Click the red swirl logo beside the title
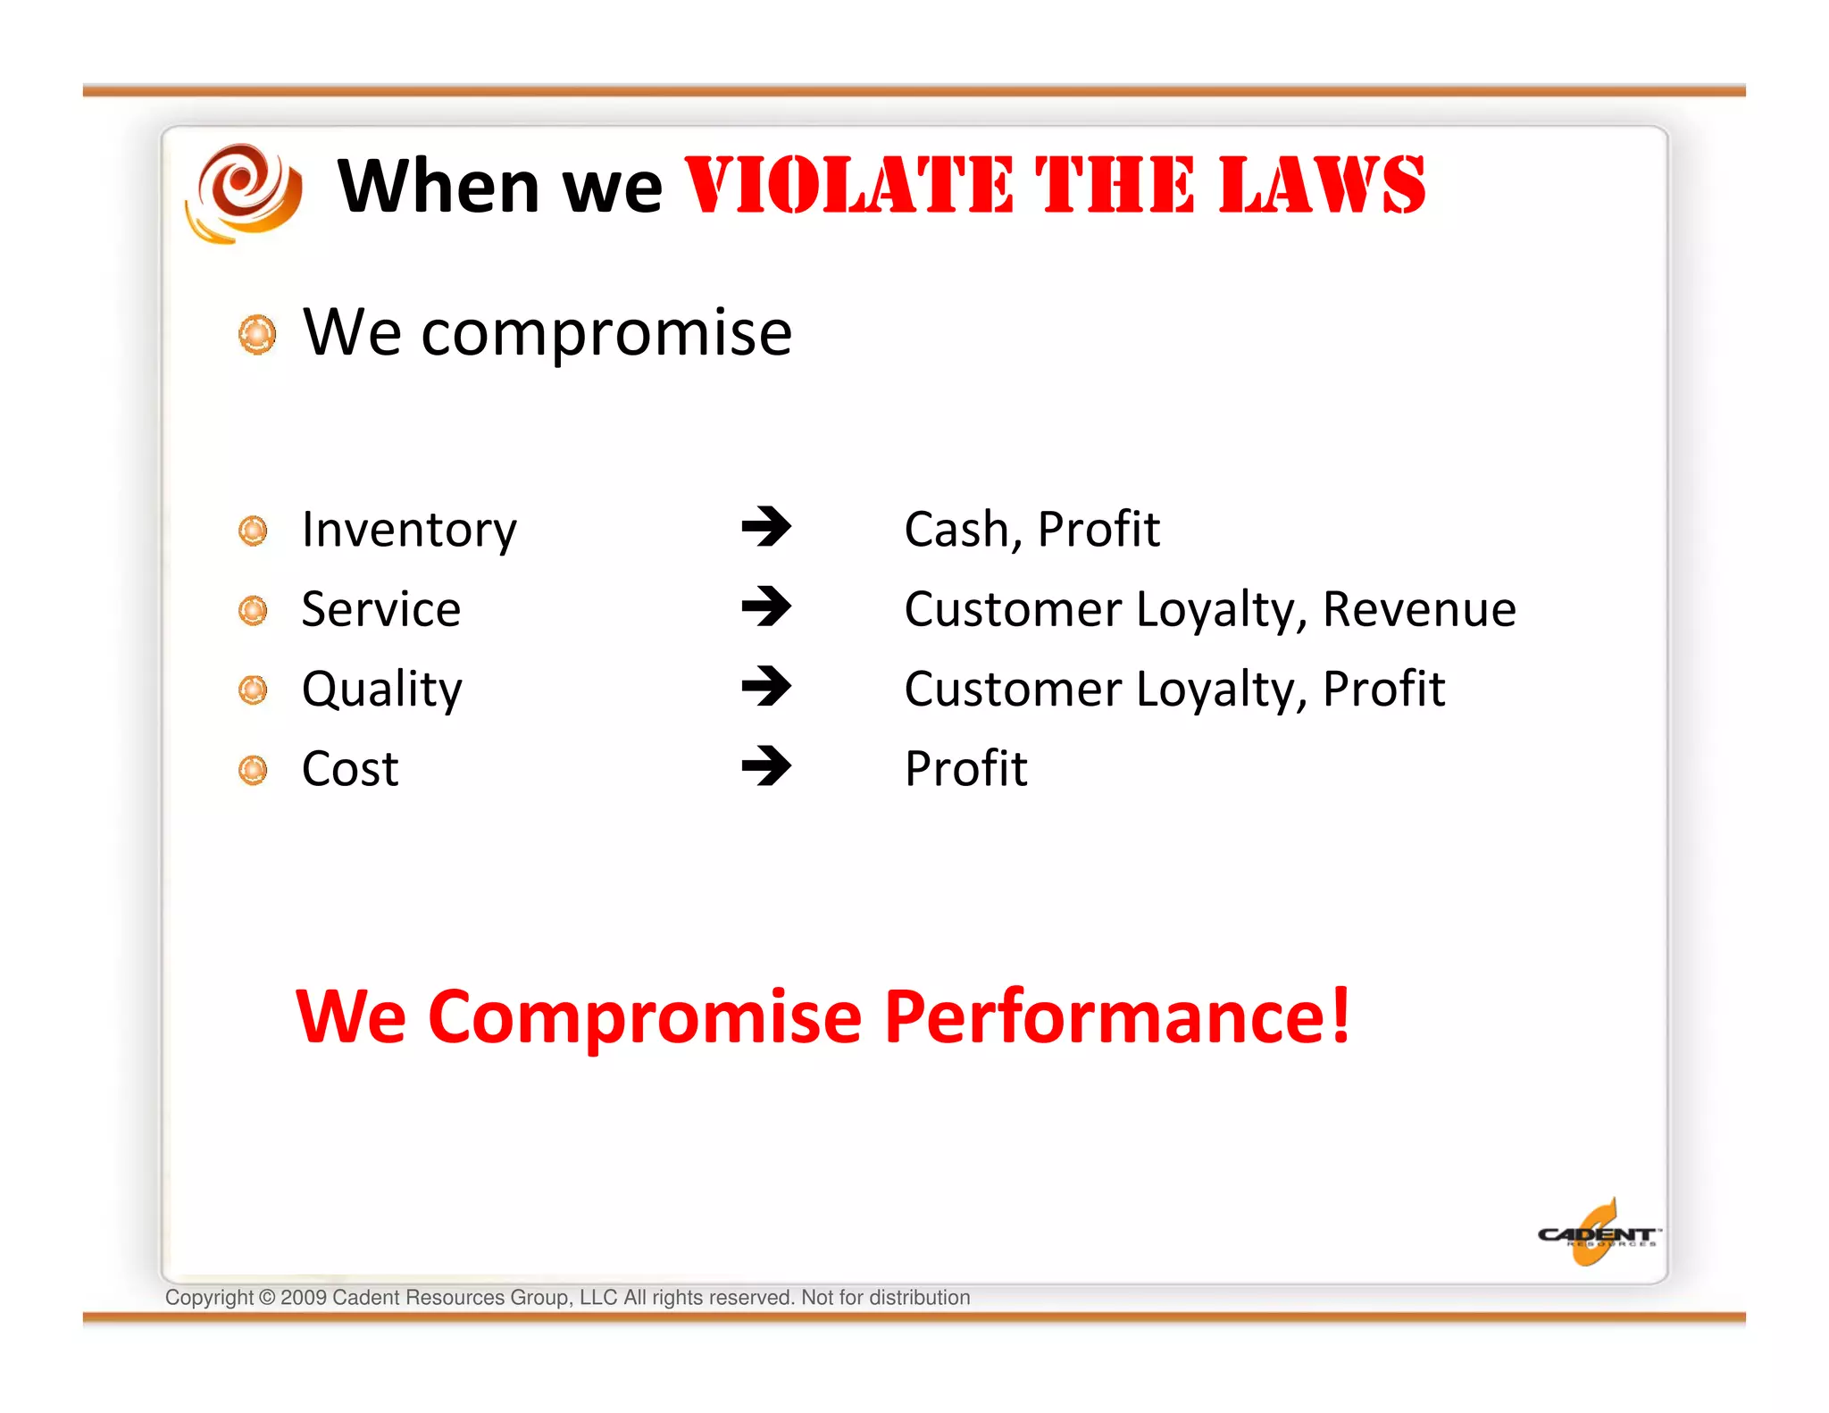click(244, 191)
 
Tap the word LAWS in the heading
click(1322, 186)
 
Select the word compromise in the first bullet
click(606, 333)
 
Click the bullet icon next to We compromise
click(257, 334)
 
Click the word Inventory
click(409, 530)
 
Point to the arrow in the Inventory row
click(766, 527)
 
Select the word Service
click(381, 609)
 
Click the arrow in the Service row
click(766, 607)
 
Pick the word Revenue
click(1419, 609)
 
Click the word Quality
click(382, 690)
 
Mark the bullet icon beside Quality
click(254, 690)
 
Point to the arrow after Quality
click(766, 687)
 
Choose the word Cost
click(350, 769)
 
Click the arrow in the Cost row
click(766, 766)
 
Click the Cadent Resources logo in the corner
click(1597, 1234)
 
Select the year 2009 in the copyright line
click(304, 1298)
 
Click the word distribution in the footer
click(920, 1298)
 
